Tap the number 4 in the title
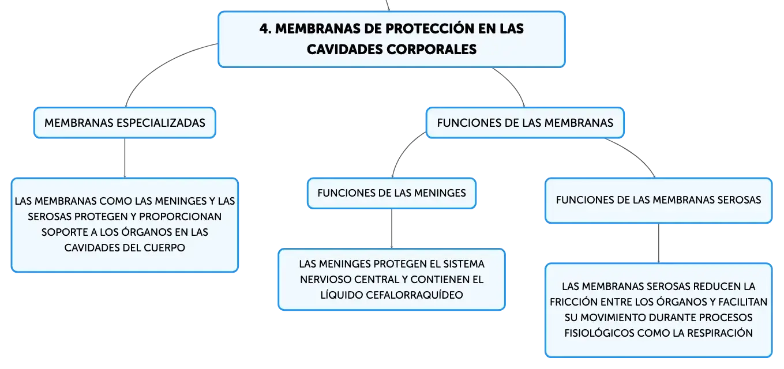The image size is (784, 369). [x=264, y=29]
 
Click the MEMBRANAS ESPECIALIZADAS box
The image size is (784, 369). [x=125, y=123]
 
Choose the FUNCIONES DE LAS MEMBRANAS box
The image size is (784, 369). [x=524, y=123]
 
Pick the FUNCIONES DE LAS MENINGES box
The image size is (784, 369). [x=392, y=193]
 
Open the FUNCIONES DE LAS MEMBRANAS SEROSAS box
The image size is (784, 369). [x=658, y=200]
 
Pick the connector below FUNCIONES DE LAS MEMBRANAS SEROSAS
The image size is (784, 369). [x=658, y=243]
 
